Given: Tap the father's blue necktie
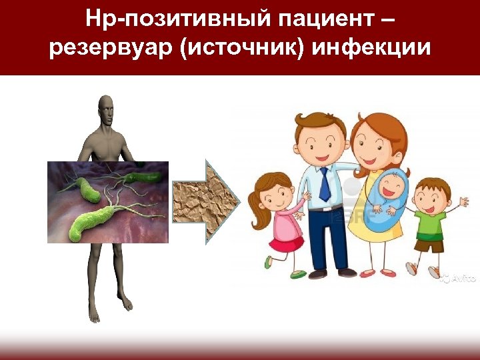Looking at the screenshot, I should pyautogui.click(x=324, y=184).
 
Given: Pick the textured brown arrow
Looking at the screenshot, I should pyautogui.click(x=204, y=201).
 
